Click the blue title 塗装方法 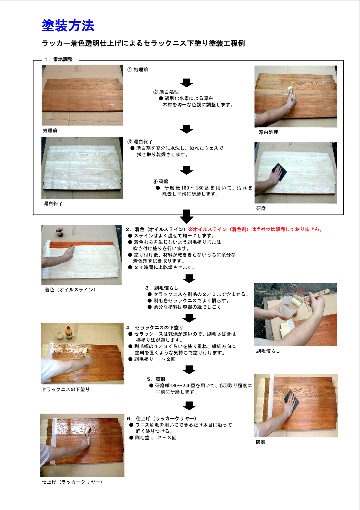click(68, 25)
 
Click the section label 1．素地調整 click(58, 59)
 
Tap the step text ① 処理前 click(138, 70)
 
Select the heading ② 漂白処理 click(166, 92)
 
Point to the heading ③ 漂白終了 click(140, 142)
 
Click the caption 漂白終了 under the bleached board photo click(53, 204)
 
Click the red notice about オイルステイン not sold click(255, 230)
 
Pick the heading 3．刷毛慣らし click(162, 288)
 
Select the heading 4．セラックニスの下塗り click(155, 327)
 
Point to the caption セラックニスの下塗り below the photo click(65, 389)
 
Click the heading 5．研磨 click(156, 379)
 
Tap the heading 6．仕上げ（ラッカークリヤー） click(162, 418)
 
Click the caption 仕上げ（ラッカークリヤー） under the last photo click(72, 482)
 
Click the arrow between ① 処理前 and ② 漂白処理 click(186, 82)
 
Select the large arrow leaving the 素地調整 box click(186, 216)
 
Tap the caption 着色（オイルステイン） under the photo click(70, 290)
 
